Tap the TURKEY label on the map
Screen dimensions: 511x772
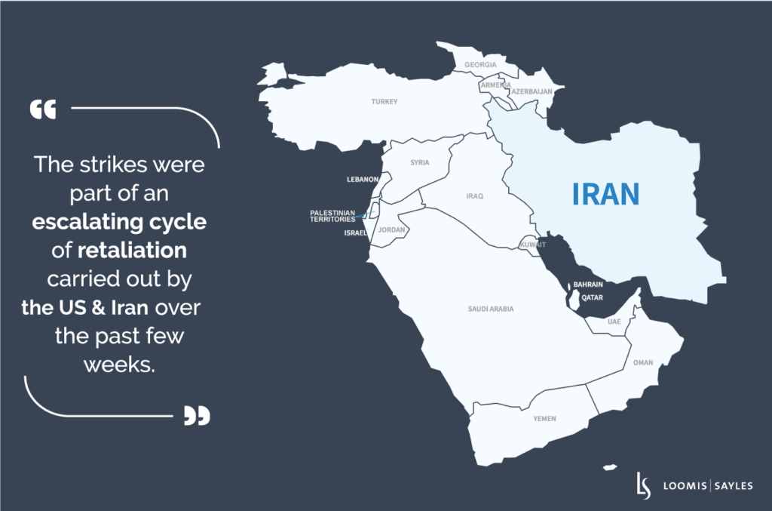point(384,101)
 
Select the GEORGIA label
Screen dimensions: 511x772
point(480,65)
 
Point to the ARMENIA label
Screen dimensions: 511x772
point(495,85)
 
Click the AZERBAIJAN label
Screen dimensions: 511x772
point(532,91)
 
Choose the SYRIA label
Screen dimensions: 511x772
point(419,162)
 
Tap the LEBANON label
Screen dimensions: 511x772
point(362,180)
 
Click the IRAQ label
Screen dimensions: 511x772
point(474,196)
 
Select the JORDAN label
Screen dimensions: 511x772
point(391,229)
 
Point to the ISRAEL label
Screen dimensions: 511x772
point(355,233)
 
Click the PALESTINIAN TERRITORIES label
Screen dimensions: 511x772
point(332,216)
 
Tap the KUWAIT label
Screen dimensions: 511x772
point(532,245)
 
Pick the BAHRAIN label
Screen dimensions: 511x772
point(588,285)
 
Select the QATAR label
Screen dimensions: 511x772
point(592,297)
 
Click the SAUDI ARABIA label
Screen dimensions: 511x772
point(491,309)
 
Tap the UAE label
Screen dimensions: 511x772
point(614,322)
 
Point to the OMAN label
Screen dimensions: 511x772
point(642,363)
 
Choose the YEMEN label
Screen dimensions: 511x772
point(544,418)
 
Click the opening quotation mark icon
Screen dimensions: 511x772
point(43,110)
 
